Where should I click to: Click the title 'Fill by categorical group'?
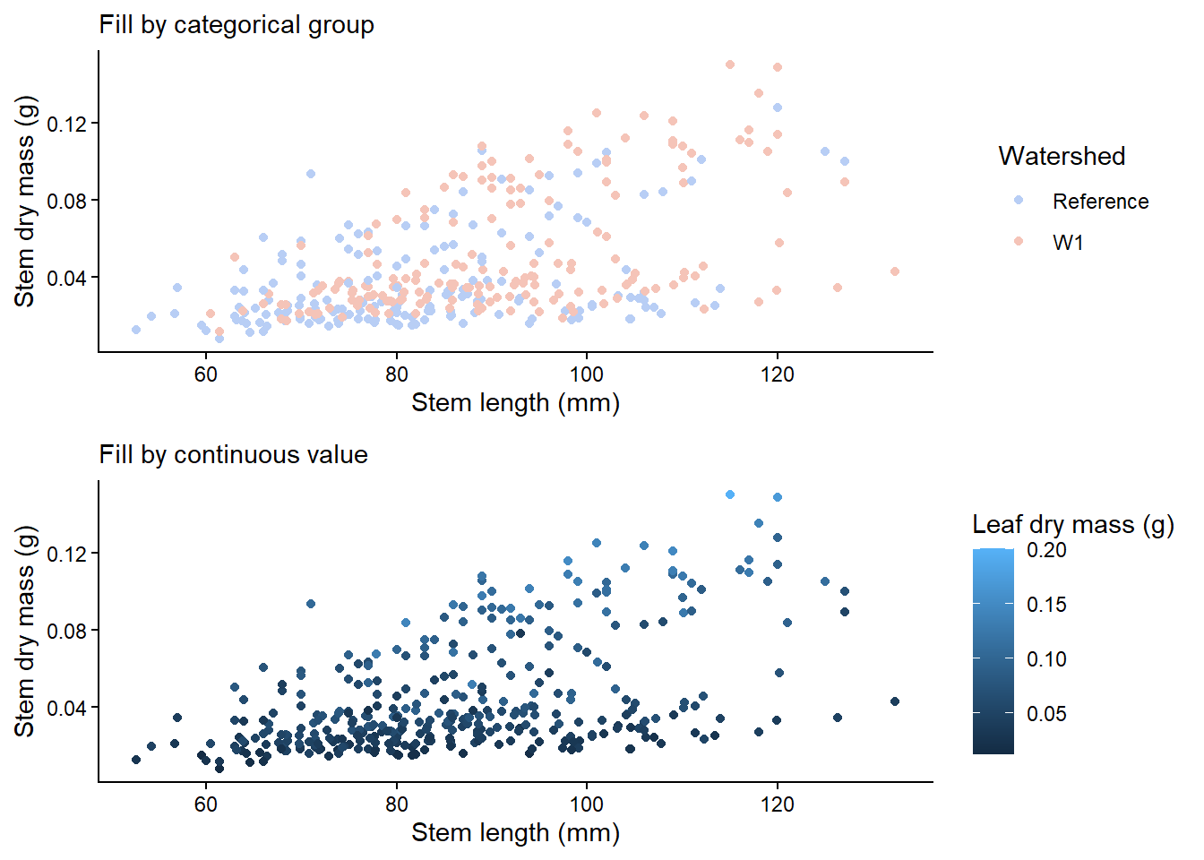tap(236, 25)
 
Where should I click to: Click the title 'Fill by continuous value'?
tap(233, 455)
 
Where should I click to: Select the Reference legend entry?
tap(1100, 202)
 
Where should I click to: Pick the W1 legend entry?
tap(1068, 243)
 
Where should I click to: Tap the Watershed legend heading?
tap(1062, 156)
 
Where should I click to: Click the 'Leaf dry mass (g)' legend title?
tap(1072, 524)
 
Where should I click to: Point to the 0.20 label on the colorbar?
tap(1046, 550)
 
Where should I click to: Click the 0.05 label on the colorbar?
tap(1046, 714)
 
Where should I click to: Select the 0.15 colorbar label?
tap(1046, 605)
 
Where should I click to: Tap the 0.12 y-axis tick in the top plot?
tap(67, 124)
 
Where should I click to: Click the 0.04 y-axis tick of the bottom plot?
tap(67, 708)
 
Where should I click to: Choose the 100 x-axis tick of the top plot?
tap(587, 374)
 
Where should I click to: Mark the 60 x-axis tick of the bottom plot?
tap(206, 804)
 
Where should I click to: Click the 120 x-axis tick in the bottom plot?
tap(777, 804)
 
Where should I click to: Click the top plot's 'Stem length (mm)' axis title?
tap(515, 403)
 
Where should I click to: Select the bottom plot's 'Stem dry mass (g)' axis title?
tap(25, 631)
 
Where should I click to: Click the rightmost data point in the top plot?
tap(894, 271)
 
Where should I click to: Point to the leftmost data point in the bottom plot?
tap(136, 760)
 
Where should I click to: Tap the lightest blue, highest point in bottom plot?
tap(730, 494)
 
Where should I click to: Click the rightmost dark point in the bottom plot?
tap(894, 701)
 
